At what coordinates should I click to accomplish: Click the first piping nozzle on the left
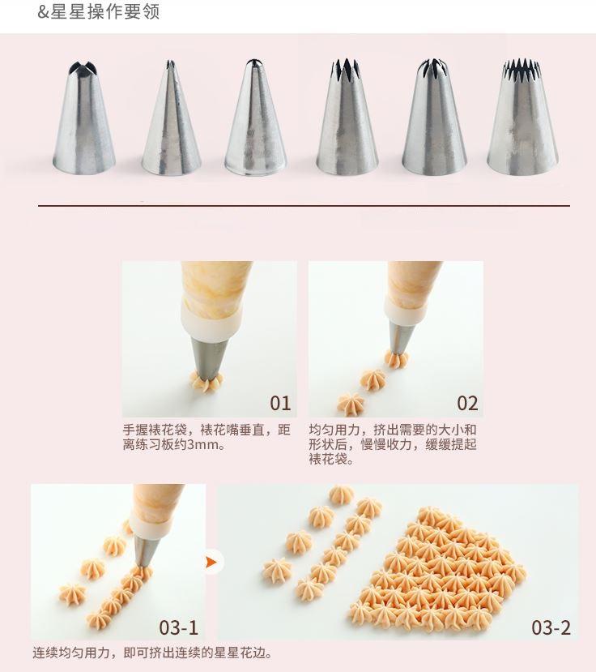click(x=84, y=118)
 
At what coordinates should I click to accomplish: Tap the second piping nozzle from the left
click(x=171, y=118)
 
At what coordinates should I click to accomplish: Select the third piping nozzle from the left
click(x=256, y=118)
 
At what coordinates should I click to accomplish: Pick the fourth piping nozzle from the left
click(x=347, y=118)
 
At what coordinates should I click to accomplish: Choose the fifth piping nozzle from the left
click(x=434, y=118)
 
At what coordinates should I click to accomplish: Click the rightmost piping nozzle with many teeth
click(x=523, y=117)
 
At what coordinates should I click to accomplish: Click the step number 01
click(x=280, y=404)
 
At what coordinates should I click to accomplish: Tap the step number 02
click(x=467, y=404)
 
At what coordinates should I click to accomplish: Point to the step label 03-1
click(x=178, y=627)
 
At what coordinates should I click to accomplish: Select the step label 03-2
click(x=551, y=627)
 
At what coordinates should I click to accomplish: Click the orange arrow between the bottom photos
click(x=211, y=562)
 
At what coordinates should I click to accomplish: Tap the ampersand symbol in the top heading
click(x=43, y=11)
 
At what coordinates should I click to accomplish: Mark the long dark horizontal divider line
click(x=304, y=206)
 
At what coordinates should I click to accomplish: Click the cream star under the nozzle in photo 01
click(x=206, y=382)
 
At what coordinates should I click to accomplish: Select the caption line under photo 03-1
click(x=152, y=653)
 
